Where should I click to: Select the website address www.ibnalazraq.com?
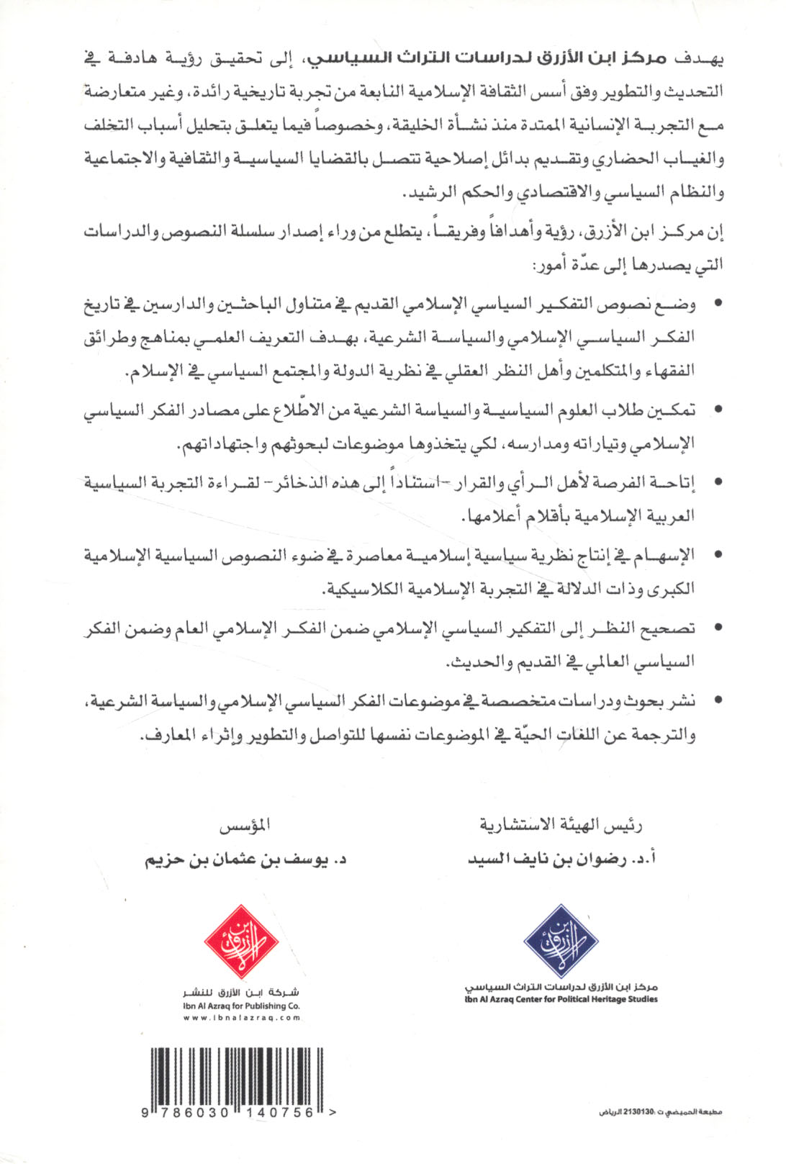point(241,1018)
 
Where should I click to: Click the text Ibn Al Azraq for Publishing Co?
point(241,1006)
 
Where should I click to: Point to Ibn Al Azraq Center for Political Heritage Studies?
point(561,998)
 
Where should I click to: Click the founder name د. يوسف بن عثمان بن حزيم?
point(247,860)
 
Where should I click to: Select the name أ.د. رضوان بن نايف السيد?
point(561,859)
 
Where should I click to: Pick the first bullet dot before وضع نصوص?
point(717,305)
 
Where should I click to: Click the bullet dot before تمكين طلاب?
point(717,410)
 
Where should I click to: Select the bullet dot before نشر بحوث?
point(717,700)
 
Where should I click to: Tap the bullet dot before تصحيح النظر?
point(717,628)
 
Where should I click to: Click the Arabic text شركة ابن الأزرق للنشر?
point(241,993)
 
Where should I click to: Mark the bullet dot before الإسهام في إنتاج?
point(717,555)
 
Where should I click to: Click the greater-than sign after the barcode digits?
point(331,1112)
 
